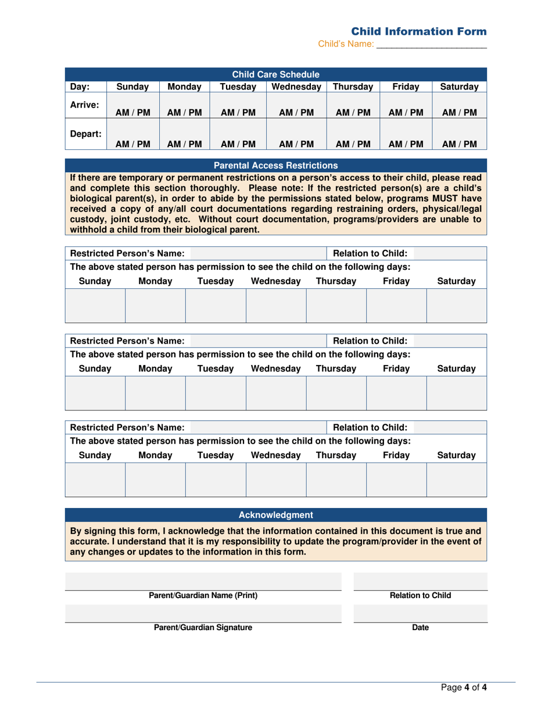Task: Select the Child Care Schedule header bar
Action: point(276,74)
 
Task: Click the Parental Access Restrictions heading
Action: point(276,165)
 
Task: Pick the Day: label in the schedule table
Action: point(80,87)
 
